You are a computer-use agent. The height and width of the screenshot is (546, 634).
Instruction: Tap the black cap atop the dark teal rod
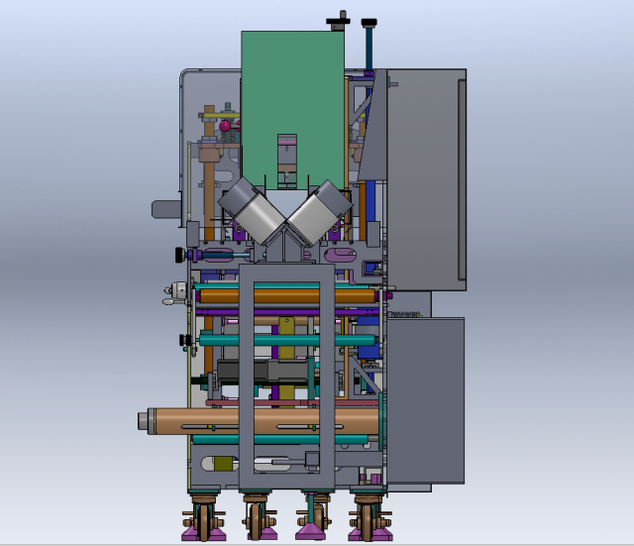[x=369, y=23]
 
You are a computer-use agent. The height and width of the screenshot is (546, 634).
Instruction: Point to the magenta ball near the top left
[x=227, y=126]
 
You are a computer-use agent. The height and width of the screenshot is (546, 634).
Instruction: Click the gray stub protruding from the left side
[x=164, y=208]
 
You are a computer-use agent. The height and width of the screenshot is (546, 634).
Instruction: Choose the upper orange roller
[x=287, y=295]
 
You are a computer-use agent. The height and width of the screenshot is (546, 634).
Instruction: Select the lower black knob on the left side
[x=183, y=340]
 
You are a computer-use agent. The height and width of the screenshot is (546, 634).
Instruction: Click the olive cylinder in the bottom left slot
[x=223, y=464]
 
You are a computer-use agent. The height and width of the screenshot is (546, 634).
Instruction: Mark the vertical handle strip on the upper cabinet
[x=461, y=178]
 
